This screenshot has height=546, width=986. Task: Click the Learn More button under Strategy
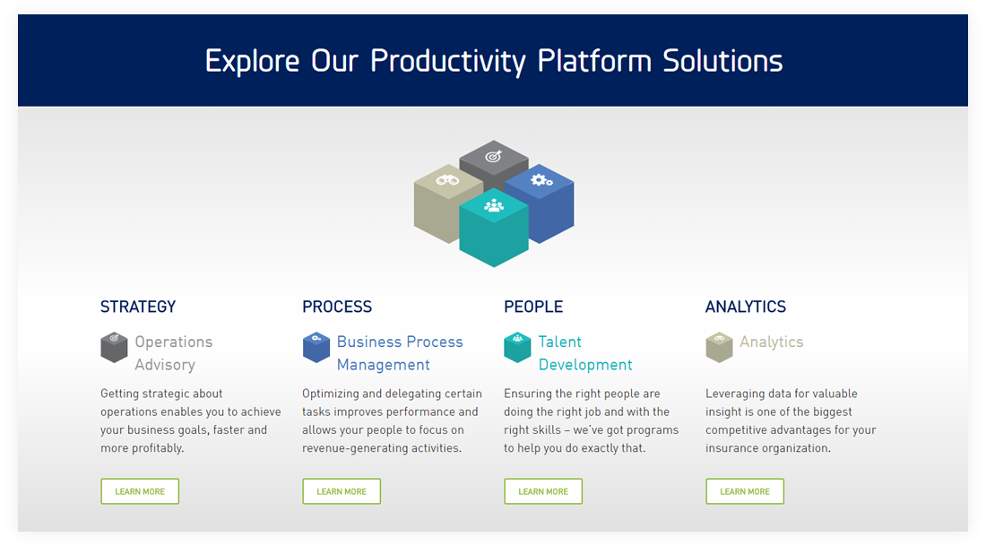click(x=140, y=491)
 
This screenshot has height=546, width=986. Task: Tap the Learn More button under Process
click(x=342, y=491)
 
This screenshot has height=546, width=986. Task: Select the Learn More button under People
click(x=543, y=491)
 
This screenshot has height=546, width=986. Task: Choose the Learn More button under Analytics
click(x=745, y=491)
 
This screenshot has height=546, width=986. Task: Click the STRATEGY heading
click(x=138, y=307)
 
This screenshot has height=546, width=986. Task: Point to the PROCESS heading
click(x=337, y=307)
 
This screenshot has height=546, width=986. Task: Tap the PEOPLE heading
click(x=533, y=307)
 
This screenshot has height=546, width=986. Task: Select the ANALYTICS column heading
click(x=746, y=307)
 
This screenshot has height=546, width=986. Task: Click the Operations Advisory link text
click(x=174, y=353)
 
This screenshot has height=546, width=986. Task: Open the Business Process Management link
click(x=400, y=353)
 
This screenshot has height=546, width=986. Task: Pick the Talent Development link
click(x=585, y=353)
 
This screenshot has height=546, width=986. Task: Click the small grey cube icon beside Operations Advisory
click(x=114, y=347)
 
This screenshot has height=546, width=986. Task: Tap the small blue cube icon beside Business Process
click(x=316, y=347)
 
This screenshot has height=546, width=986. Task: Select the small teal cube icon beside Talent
click(x=517, y=347)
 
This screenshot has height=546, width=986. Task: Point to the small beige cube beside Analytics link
click(x=720, y=347)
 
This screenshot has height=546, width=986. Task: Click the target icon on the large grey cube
click(x=494, y=156)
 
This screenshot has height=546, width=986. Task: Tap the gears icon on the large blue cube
click(x=541, y=180)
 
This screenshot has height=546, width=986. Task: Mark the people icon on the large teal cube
click(x=494, y=205)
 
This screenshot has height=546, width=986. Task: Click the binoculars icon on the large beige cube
click(x=447, y=180)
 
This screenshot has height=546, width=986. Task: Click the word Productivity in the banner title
click(x=447, y=62)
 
